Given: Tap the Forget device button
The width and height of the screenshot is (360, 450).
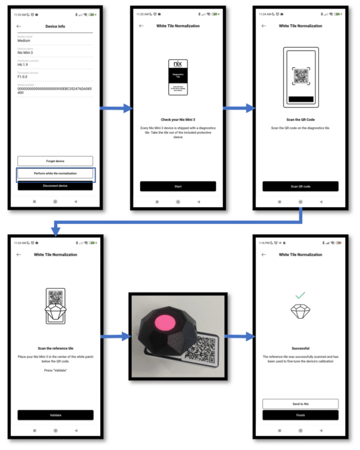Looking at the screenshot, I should point(55,161).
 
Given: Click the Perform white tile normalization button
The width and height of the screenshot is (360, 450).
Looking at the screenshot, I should point(55,174).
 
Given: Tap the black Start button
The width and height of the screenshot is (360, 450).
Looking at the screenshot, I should point(178,186).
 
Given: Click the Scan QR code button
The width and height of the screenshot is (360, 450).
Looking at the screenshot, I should point(300,186).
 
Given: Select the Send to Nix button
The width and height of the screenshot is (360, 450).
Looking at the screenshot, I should point(300,404).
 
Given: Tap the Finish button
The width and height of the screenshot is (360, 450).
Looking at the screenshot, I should point(300,415).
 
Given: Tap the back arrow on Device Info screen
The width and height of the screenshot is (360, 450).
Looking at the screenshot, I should point(19,26).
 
